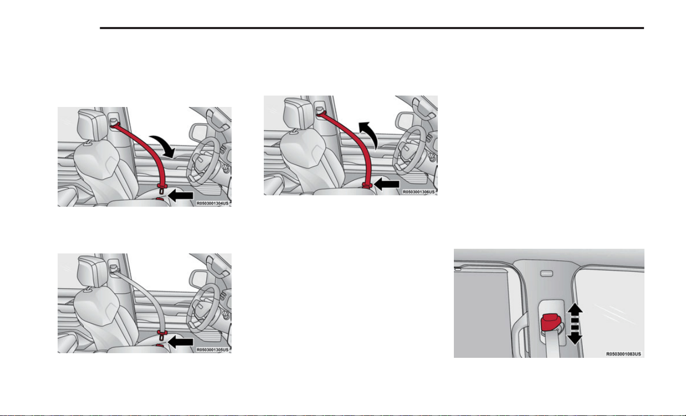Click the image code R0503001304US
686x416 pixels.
coord(212,204)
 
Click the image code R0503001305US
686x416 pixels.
coord(212,350)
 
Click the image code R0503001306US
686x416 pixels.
coord(419,192)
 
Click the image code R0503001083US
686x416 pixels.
coord(624,354)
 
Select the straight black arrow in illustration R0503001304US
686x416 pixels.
coord(181,195)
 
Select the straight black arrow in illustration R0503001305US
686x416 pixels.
coord(181,342)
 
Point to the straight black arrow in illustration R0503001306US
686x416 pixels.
coord(387,184)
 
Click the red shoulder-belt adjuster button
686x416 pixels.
coord(552,323)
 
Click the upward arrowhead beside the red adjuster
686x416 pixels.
coord(575,307)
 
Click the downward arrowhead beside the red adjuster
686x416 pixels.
coord(575,339)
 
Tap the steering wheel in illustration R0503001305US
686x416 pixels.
coord(203,310)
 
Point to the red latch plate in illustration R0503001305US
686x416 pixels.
coord(162,333)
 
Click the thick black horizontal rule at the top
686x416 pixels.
coord(372,28)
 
